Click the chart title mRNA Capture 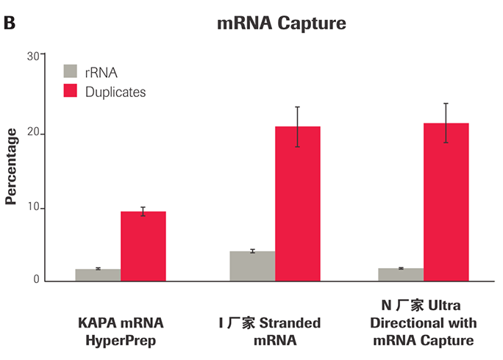click(x=282, y=24)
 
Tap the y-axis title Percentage click(x=11, y=166)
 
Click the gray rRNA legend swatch click(x=71, y=72)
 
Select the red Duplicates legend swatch click(x=71, y=92)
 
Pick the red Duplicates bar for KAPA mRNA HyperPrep click(x=143, y=246)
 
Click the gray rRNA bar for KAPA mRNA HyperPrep click(x=99, y=275)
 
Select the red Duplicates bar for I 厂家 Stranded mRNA click(x=297, y=204)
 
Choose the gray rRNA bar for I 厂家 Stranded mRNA click(x=252, y=266)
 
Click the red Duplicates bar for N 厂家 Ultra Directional click(x=446, y=202)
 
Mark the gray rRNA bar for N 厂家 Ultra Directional click(x=401, y=274)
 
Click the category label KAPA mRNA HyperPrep click(x=121, y=331)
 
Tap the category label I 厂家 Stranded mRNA click(x=269, y=331)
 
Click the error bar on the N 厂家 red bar click(x=446, y=122)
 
